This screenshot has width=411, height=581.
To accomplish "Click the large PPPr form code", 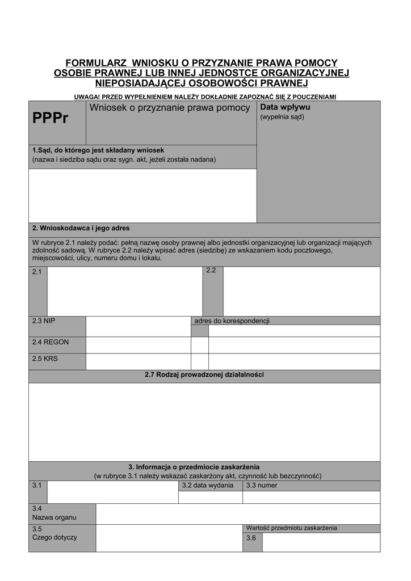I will [50, 118].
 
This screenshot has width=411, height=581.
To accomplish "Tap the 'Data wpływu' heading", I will [285, 107].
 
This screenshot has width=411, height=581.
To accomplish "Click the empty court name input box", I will [142, 195].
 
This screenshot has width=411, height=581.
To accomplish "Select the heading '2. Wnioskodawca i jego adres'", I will [81, 229].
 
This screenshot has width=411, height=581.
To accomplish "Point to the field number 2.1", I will [37, 272].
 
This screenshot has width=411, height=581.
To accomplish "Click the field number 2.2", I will [211, 271].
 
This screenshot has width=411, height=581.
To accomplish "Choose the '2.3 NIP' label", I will [44, 321].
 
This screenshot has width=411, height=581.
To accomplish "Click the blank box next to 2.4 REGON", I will [138, 344].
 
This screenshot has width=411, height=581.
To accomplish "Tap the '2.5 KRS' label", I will [45, 359].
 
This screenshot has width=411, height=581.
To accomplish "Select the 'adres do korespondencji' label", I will [231, 321].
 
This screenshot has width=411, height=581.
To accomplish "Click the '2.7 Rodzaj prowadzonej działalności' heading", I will [204, 375].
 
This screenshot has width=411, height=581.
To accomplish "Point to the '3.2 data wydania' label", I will [207, 486].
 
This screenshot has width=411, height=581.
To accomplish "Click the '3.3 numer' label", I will [262, 486].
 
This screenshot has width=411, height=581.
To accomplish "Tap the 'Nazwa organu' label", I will [54, 517].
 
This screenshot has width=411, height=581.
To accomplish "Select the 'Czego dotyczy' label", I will [54, 537].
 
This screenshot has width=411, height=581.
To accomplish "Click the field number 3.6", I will [251, 538].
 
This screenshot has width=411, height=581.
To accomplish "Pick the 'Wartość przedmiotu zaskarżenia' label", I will [291, 528].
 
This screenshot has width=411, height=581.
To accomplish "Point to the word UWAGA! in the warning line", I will [87, 96].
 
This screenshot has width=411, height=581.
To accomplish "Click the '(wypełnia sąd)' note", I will [282, 117].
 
